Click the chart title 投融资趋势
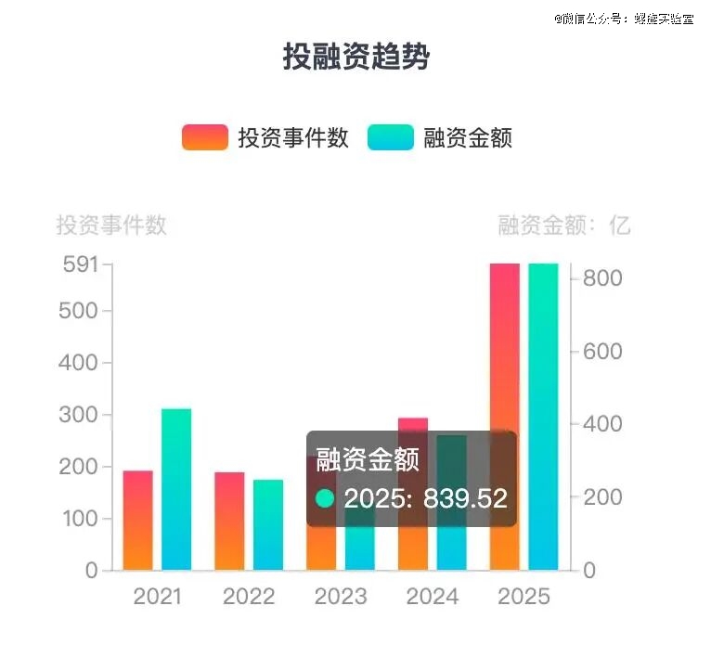(356, 57)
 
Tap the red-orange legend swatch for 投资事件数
(204, 137)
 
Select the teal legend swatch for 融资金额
(390, 137)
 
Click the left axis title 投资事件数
(111, 225)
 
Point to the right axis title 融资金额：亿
(563, 225)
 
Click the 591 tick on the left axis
(80, 264)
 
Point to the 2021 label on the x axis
(158, 597)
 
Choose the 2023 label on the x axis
(341, 597)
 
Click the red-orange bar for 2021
(137, 520)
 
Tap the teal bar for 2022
(268, 524)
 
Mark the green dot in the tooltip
(325, 498)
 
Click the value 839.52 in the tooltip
(466, 498)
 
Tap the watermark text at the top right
(625, 18)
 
